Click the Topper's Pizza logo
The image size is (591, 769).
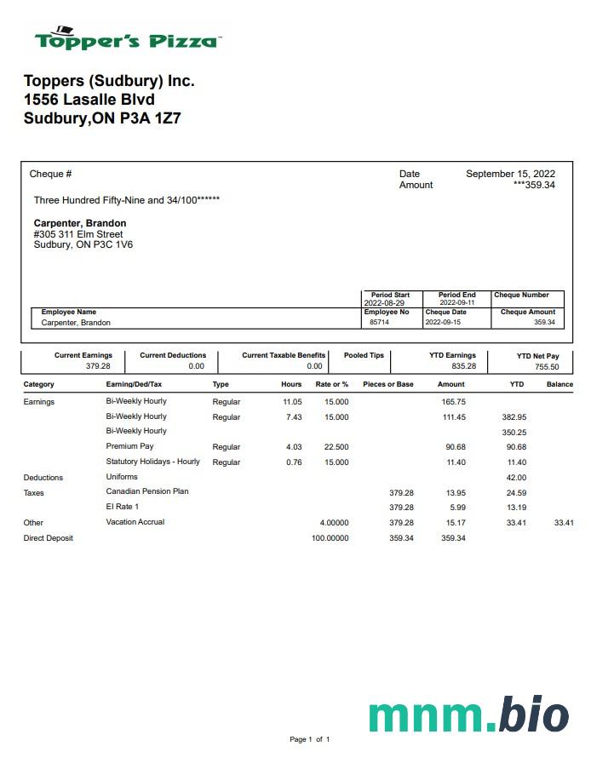point(128,38)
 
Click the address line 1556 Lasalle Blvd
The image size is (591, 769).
point(89,100)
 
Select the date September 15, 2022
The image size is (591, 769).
point(510,174)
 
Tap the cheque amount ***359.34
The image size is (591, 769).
point(534,185)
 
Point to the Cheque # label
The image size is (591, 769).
point(50,174)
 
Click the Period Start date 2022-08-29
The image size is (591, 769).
point(384,302)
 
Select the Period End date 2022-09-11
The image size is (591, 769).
point(457,302)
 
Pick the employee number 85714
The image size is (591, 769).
point(378,323)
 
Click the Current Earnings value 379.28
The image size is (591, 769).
point(99,366)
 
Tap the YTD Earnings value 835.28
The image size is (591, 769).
point(464,366)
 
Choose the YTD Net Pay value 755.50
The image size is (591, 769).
point(547,367)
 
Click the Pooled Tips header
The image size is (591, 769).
point(364,355)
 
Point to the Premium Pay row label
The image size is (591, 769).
point(129,446)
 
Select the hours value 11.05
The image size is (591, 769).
point(292,402)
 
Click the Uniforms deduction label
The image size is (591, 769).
point(122,477)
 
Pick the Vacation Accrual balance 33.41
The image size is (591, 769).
point(564,523)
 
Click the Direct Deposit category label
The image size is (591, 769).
point(48,538)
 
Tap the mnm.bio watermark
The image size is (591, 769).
point(468,714)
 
